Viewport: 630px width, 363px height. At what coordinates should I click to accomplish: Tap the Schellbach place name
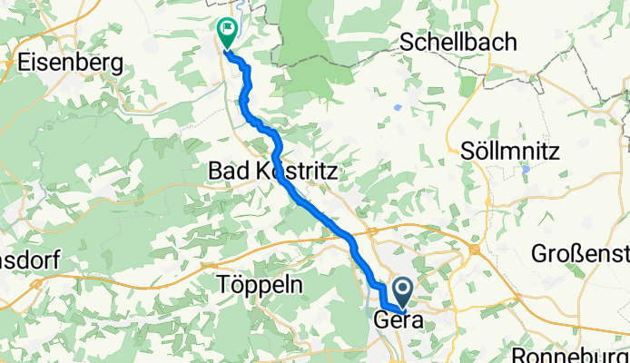pyautogui.click(x=458, y=43)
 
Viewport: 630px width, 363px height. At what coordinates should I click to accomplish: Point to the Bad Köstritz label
pyautogui.click(x=273, y=170)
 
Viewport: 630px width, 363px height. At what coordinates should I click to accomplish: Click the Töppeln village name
pyautogui.click(x=261, y=284)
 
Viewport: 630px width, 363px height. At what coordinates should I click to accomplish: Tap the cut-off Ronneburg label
pyautogui.click(x=571, y=355)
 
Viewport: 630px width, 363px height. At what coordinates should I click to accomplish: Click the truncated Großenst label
pyautogui.click(x=582, y=252)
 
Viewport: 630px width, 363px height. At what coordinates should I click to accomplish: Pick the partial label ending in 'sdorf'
pyautogui.click(x=30, y=260)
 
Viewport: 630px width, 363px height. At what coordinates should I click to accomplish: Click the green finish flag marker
pyautogui.click(x=225, y=32)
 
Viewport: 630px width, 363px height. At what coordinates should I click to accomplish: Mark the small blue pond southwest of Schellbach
pyautogui.click(x=399, y=106)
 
